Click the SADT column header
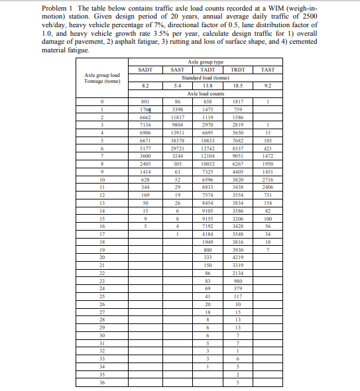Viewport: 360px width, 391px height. [145, 69]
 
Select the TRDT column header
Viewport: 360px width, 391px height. [238, 69]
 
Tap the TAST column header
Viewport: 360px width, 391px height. [268, 69]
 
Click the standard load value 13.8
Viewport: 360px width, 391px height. [208, 85]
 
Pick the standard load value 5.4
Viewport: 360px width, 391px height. [177, 85]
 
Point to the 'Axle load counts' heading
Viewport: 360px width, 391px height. [207, 93]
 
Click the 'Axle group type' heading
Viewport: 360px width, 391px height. [207, 62]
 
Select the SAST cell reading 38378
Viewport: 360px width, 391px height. [177, 141]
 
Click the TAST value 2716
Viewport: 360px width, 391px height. [268, 180]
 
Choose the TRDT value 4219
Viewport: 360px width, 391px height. [238, 256]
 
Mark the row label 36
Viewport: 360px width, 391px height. [102, 382]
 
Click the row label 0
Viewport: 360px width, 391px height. [102, 101]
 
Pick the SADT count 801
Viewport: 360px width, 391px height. [145, 101]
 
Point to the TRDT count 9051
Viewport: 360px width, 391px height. [238, 156]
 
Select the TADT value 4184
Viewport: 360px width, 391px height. [208, 233]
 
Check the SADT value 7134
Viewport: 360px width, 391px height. [145, 125]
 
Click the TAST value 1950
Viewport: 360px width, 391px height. [268, 164]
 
